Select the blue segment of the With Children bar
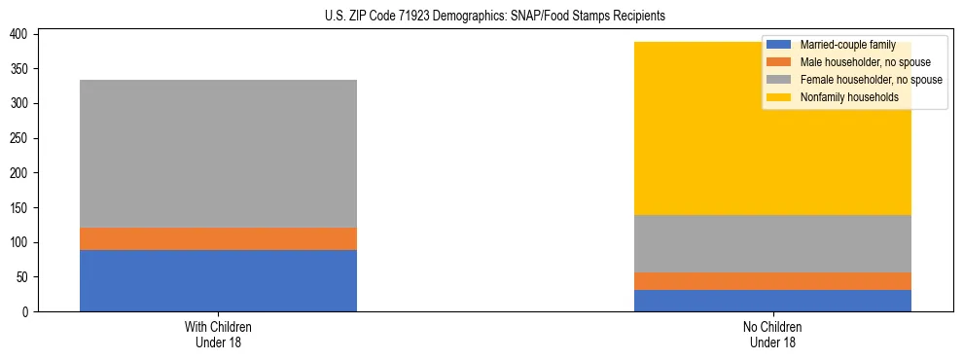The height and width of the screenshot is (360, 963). [218, 280]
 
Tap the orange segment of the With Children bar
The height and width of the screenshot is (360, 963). [218, 238]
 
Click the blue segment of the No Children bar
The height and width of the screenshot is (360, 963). [772, 301]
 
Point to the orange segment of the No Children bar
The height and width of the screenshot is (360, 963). [772, 281]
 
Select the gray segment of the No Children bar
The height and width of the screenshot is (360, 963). [772, 243]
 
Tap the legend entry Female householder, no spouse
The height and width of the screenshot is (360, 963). [870, 80]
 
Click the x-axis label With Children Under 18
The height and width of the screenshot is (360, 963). [218, 334]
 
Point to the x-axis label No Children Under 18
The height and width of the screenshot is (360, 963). [772, 334]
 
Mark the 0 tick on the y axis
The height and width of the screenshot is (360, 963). [28, 312]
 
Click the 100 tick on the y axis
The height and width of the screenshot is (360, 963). [22, 242]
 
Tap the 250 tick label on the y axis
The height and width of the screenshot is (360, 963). [22, 138]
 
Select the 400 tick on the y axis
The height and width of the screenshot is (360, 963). [22, 34]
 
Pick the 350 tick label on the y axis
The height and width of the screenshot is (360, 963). [22, 69]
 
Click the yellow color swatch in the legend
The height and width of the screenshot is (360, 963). [778, 97]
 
